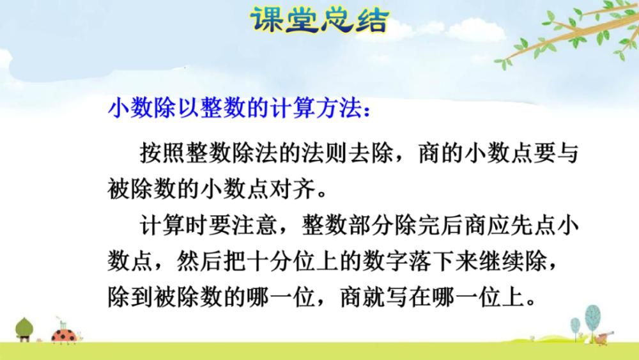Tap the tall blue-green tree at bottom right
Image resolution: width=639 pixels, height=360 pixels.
[594, 315]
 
